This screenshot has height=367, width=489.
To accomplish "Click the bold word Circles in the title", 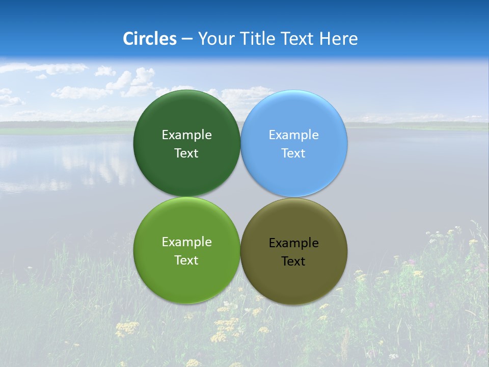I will tap(150, 39).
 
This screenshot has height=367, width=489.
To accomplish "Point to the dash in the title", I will tap(187, 39).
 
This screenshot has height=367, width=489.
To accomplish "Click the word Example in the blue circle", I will tap(294, 135).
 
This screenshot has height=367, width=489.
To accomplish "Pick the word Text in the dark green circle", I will tap(186, 153).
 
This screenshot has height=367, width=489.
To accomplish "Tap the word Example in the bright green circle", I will tap(186, 242).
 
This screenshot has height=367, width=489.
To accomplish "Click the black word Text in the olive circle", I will tap(293, 261).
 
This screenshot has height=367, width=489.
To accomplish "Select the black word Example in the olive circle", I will tap(294, 243).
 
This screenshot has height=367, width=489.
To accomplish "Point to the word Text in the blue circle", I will tap(293, 153).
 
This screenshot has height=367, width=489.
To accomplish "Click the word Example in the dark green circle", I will tap(186, 135).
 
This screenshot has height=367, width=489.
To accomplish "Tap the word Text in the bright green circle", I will tap(186, 260).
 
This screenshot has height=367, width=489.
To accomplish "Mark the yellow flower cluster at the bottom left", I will tap(126, 328).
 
